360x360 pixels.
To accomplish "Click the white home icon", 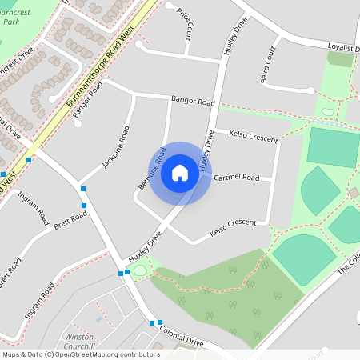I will click(180, 173).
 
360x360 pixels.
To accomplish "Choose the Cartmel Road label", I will click(237, 177).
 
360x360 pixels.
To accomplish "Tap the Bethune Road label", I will click(151, 168).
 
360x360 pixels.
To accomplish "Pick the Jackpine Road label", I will click(114, 147).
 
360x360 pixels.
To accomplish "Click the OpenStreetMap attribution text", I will click(81, 354).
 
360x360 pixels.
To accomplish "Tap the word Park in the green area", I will click(10, 23).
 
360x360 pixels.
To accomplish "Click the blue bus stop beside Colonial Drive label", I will click(152, 323).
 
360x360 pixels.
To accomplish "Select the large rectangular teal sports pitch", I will click(334, 146).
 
